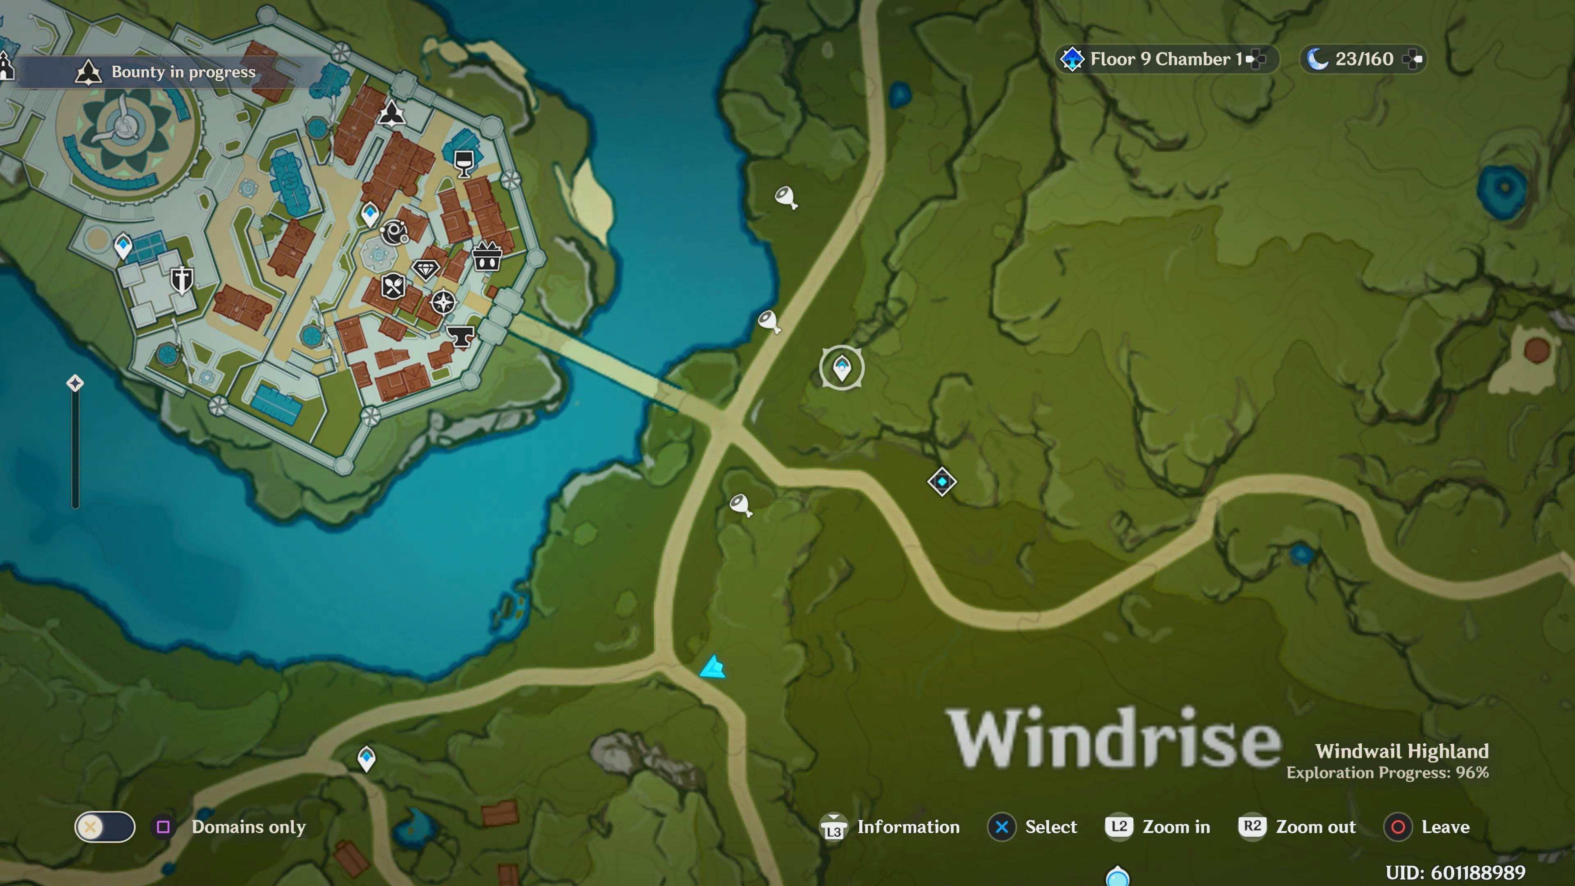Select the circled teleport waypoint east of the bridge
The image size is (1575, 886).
click(842, 368)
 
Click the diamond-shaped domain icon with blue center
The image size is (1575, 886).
click(942, 482)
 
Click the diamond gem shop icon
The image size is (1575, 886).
click(426, 269)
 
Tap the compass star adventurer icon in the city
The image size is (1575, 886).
click(443, 302)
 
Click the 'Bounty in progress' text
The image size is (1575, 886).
click(183, 72)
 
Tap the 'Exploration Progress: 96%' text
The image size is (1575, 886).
click(1387, 773)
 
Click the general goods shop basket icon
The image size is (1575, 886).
click(487, 257)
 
